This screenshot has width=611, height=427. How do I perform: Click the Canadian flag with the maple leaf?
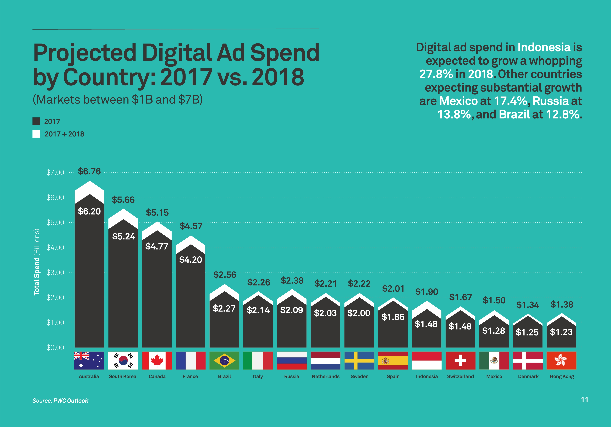click(x=157, y=361)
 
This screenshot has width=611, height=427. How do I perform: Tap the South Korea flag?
click(x=123, y=361)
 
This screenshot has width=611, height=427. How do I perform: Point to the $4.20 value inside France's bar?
click(x=191, y=260)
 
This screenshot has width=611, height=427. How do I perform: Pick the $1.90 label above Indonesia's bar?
click(x=427, y=292)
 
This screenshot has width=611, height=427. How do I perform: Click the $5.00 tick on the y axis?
click(x=55, y=222)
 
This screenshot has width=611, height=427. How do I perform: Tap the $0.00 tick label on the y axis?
click(x=55, y=347)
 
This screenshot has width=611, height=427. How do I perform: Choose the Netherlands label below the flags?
click(x=325, y=376)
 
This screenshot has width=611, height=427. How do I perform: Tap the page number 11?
click(x=584, y=400)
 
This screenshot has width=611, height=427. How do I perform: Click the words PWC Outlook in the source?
click(x=71, y=401)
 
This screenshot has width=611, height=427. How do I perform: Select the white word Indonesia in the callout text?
click(x=544, y=48)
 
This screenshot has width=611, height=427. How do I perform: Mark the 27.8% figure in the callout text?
click(x=436, y=74)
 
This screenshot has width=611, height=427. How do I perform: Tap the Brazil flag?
click(x=224, y=361)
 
